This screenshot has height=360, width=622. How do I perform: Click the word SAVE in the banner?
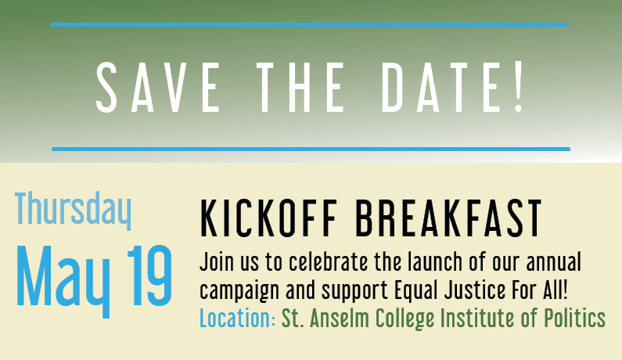tap(157, 88)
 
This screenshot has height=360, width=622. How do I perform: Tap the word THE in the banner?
tap(300, 88)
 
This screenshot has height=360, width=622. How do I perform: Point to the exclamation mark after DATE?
tap(519, 88)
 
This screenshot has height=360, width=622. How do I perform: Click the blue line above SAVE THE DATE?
tap(309, 24)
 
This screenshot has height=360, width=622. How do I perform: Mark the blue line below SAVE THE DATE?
tap(311, 149)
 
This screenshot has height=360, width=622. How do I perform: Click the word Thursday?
tap(73, 211)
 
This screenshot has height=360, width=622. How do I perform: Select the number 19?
tap(150, 275)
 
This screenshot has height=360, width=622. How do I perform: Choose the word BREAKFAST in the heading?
tap(448, 218)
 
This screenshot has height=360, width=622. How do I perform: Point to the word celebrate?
tap(329, 262)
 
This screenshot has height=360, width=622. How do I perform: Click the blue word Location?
tap(237, 319)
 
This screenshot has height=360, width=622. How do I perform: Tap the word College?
tap(405, 319)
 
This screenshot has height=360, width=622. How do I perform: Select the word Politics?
tap(574, 319)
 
